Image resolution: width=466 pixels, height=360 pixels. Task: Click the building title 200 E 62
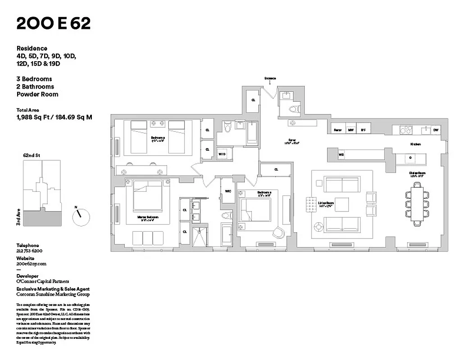coord(54,23)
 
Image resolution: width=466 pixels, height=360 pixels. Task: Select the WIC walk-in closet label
coord(228,190)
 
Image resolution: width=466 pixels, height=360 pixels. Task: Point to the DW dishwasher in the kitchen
coord(435,130)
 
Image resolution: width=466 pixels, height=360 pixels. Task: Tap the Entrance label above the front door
coord(270,78)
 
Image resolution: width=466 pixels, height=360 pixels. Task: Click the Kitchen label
coord(415,144)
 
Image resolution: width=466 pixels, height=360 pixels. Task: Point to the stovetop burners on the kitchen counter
coord(406,130)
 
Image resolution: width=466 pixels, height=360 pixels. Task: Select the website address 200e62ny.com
coord(32,264)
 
